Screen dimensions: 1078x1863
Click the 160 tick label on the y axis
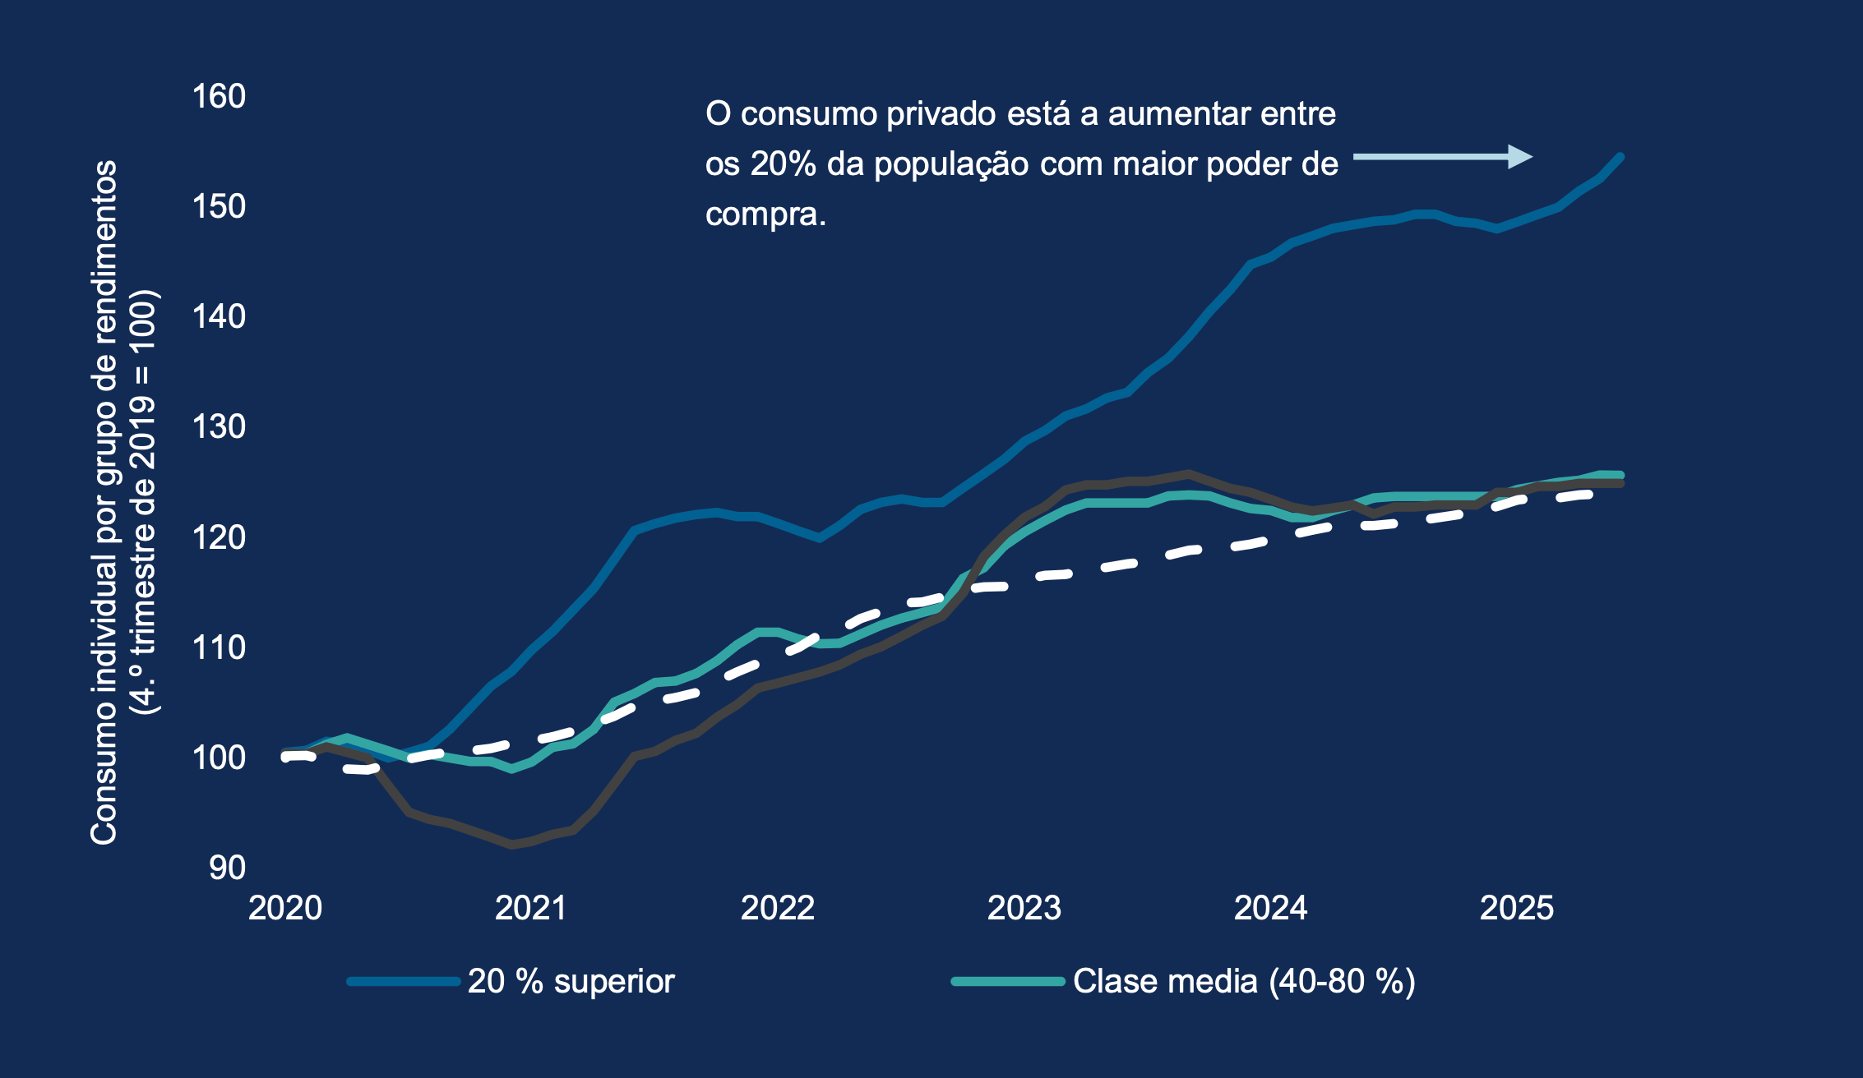point(219,97)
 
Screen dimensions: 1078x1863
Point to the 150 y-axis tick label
point(219,207)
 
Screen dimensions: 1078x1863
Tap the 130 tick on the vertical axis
point(219,427)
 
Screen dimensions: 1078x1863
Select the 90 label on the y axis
point(227,868)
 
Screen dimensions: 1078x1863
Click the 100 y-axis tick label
point(219,758)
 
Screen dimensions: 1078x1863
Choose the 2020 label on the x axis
point(285,908)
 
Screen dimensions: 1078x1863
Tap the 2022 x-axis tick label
point(778,908)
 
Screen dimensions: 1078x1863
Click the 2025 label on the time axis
point(1517,908)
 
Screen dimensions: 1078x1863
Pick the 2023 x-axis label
point(1024,908)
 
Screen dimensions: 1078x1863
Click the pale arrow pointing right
point(1443,156)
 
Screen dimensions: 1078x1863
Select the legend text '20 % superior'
point(571,981)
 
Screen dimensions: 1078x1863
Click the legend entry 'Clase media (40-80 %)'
point(1244,981)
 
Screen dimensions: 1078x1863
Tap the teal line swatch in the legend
point(1008,981)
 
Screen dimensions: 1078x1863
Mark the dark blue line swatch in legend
point(403,981)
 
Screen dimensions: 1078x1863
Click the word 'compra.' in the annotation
point(765,214)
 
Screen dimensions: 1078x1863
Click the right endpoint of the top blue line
point(1620,156)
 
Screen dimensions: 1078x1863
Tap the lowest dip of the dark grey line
point(512,844)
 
